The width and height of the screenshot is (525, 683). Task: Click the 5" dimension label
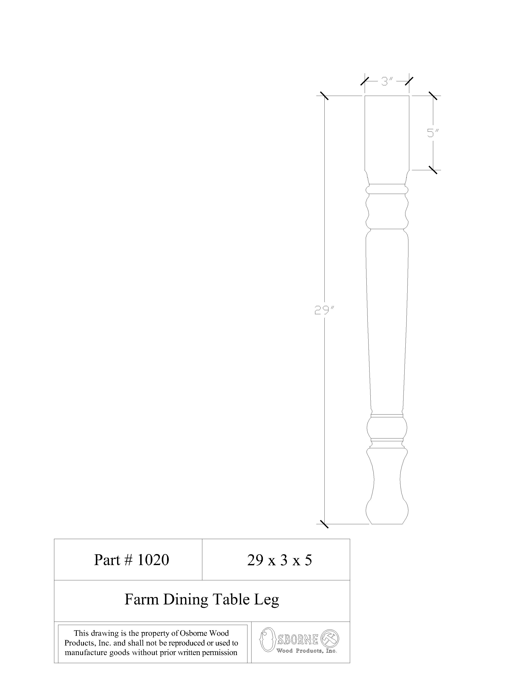coord(433,133)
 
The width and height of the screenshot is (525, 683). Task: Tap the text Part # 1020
coord(131,560)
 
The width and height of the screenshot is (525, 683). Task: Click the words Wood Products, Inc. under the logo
coord(306,651)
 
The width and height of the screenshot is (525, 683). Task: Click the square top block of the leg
coord(387,133)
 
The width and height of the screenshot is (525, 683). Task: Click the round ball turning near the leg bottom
coord(387,427)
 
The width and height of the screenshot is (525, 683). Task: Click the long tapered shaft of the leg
coord(387,321)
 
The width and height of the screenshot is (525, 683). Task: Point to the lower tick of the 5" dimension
coord(433,170)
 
